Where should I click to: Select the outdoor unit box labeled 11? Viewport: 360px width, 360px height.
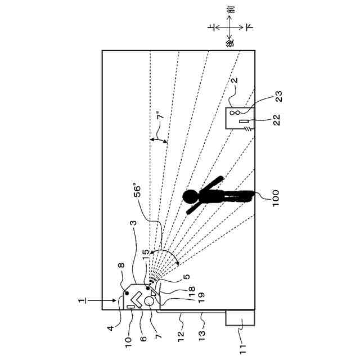coord(240,318)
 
